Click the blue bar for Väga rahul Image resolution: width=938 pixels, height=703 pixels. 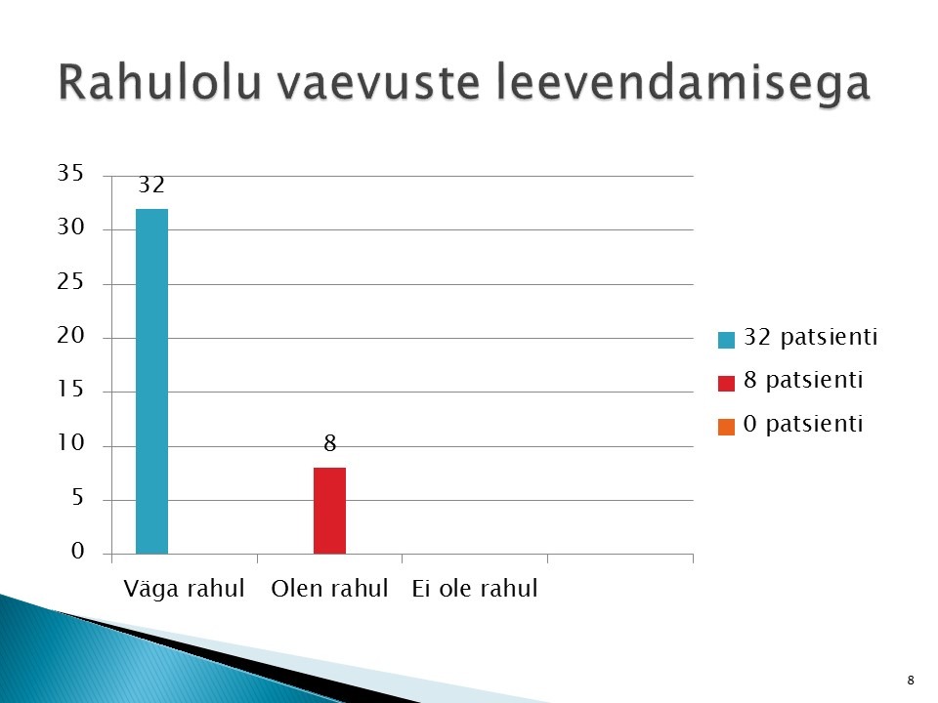(152, 382)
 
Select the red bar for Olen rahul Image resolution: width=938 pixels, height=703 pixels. (329, 511)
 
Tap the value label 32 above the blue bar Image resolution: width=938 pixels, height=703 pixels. (151, 185)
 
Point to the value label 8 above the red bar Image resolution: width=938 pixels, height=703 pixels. (329, 443)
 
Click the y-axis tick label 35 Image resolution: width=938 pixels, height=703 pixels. (70, 173)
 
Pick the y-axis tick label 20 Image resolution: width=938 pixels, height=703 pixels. (70, 335)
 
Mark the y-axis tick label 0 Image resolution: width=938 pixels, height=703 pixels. (78, 551)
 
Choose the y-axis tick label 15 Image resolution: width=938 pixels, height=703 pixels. (70, 390)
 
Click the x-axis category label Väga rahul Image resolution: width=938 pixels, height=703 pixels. (185, 588)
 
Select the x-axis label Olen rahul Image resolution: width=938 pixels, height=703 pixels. (329, 588)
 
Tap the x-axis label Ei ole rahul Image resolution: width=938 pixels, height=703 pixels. (475, 588)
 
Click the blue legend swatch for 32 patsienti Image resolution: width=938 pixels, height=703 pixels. (726, 340)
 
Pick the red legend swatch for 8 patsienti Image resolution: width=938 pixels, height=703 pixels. (726, 383)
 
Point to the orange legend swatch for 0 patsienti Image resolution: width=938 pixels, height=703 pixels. (726, 427)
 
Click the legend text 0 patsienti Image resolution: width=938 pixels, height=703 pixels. (803, 424)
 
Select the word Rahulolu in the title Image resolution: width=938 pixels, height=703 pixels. (159, 82)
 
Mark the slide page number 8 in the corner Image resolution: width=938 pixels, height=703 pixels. (911, 681)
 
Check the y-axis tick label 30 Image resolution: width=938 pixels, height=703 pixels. (70, 227)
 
